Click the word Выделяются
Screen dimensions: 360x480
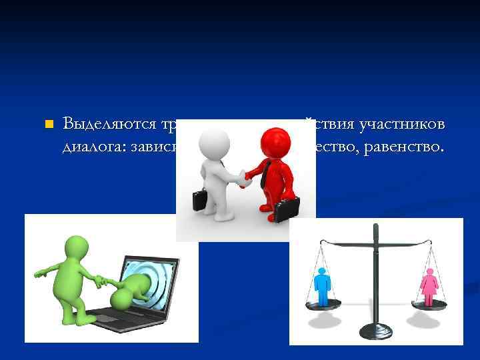pos(109,124)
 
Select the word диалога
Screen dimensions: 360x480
pos(90,145)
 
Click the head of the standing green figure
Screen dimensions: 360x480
pos(76,247)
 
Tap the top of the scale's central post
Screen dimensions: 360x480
pos(375,229)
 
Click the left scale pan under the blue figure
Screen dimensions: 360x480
pos(323,305)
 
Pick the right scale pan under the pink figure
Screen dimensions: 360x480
pos(429,305)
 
